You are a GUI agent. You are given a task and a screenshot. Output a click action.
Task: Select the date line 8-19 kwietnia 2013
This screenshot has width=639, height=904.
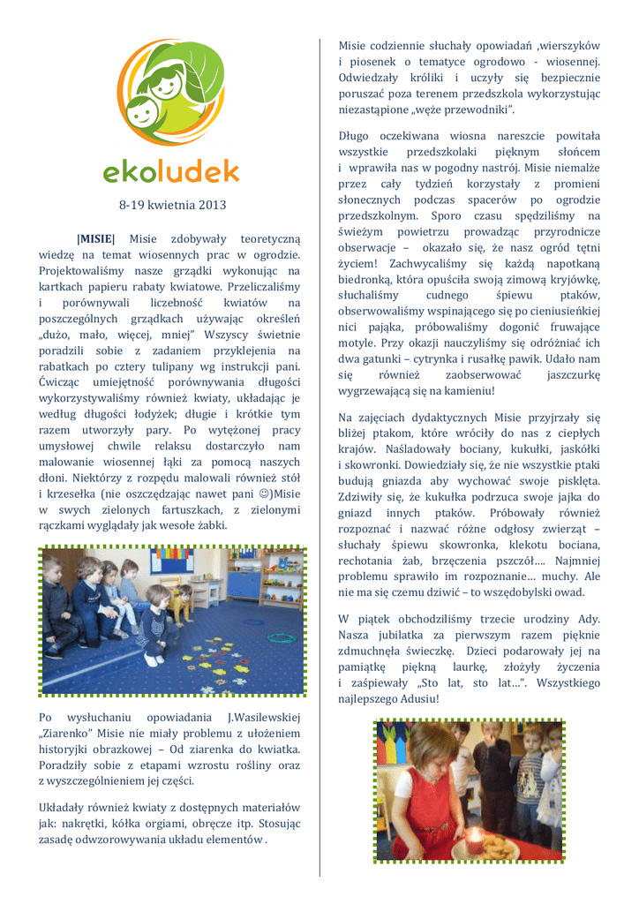coord(172,206)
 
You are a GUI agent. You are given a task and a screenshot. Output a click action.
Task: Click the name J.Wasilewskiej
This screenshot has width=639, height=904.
coord(264,717)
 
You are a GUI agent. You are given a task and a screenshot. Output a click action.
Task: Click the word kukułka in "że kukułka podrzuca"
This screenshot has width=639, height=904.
coord(457,497)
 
